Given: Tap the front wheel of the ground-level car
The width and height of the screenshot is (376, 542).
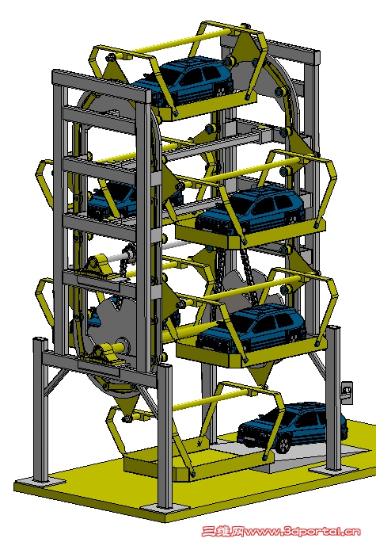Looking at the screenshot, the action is (283, 445).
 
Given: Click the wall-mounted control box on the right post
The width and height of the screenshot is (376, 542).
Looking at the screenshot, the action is (346, 391).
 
